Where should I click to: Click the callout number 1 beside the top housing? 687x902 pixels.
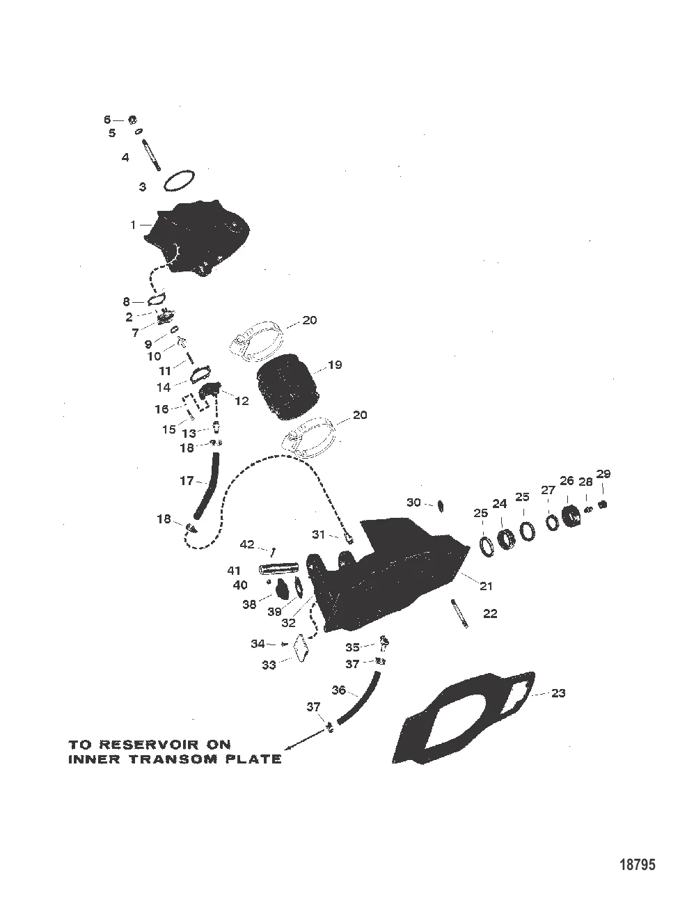pos(132,225)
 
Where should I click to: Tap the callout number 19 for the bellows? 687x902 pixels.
pos(334,365)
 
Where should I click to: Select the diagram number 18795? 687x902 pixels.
pos(638,865)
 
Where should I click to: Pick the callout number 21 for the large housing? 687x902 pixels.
pos(486,586)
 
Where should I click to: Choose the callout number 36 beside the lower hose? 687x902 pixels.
pos(338,690)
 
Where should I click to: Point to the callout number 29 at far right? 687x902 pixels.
pos(603,474)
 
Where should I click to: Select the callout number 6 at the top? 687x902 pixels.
pos(107,120)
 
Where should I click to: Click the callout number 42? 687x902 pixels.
pos(247,544)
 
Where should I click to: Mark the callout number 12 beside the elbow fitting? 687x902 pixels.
pos(242,401)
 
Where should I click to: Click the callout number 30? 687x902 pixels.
pos(413,502)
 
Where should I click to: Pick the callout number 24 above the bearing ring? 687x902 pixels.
pos(500,503)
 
